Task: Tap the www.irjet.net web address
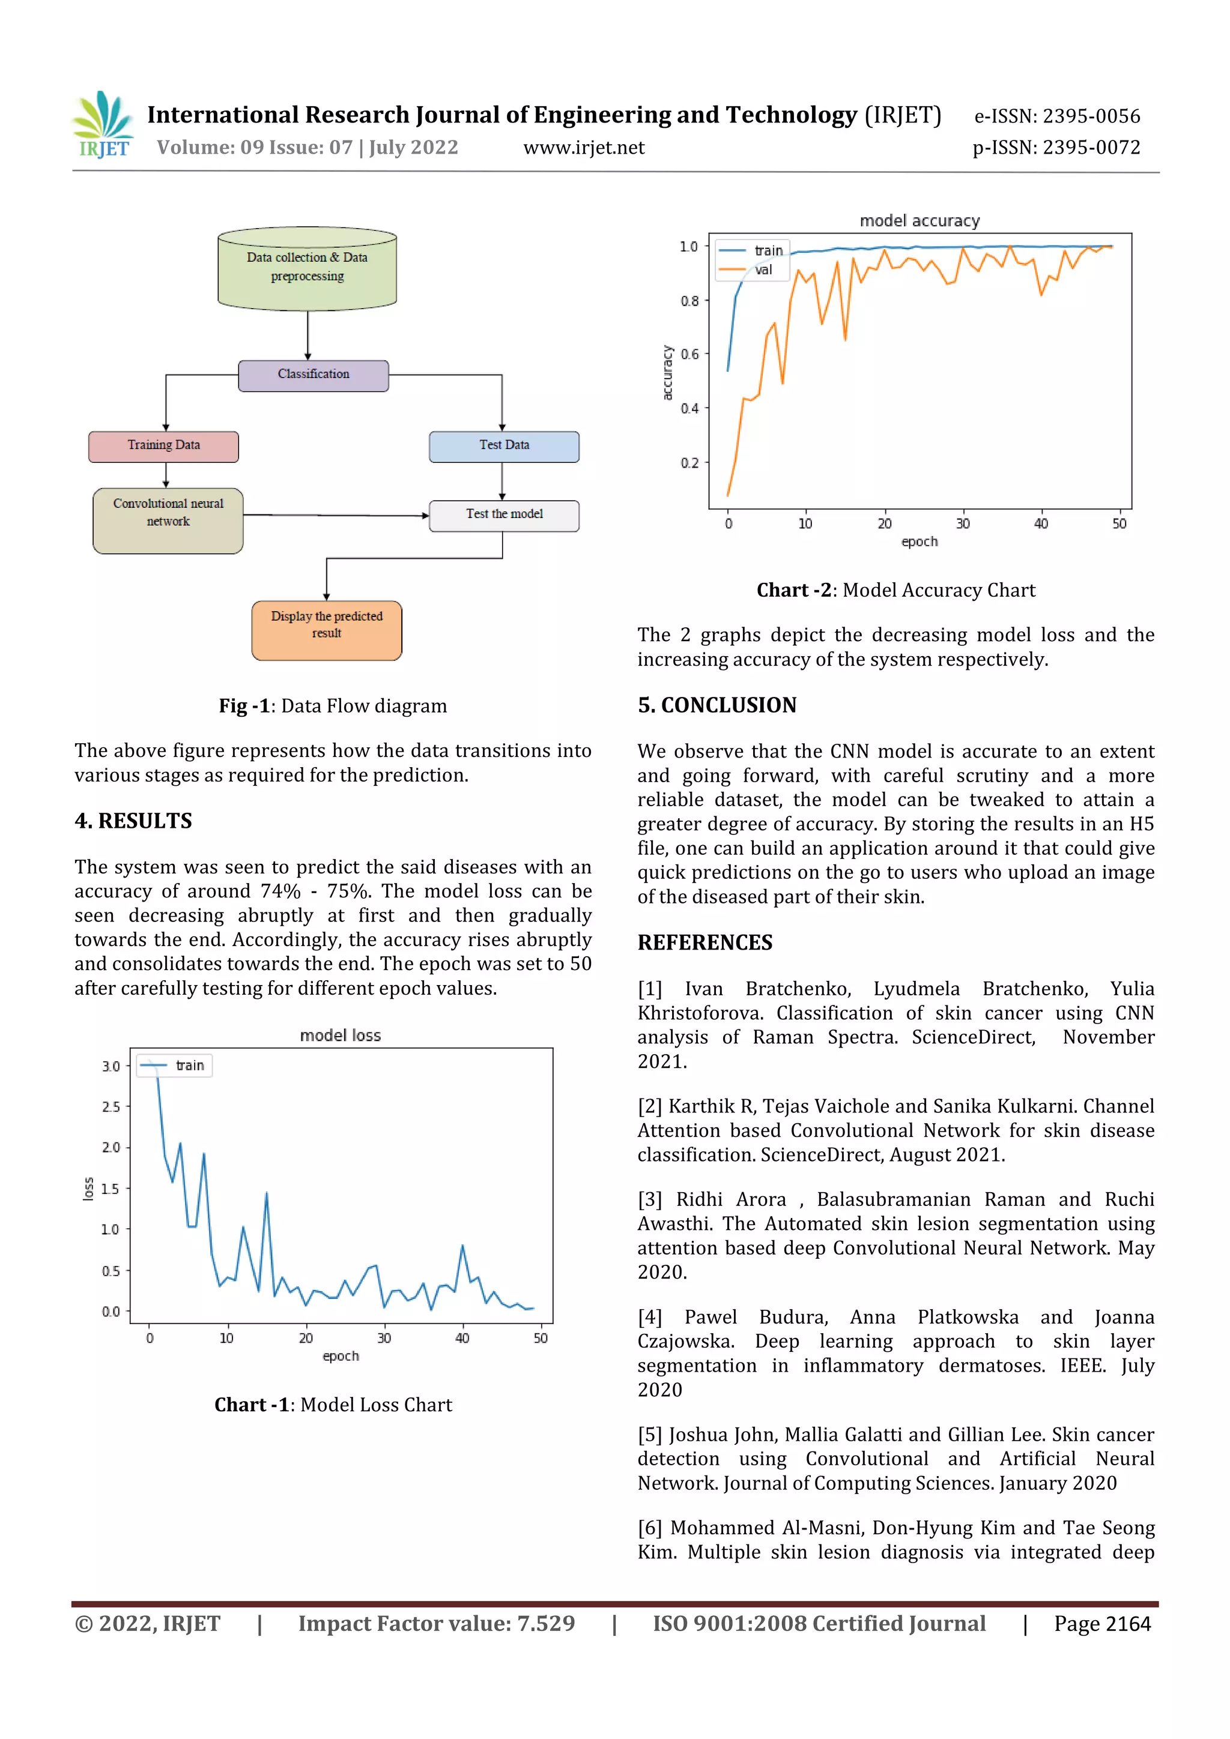(584, 148)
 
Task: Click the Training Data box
(164, 446)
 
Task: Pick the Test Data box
(504, 446)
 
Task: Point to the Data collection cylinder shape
(307, 269)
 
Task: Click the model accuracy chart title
(919, 220)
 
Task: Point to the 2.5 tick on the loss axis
(111, 1106)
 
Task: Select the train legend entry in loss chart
(189, 1065)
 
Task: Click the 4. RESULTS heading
(133, 821)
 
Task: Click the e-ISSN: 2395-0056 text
(1056, 116)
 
